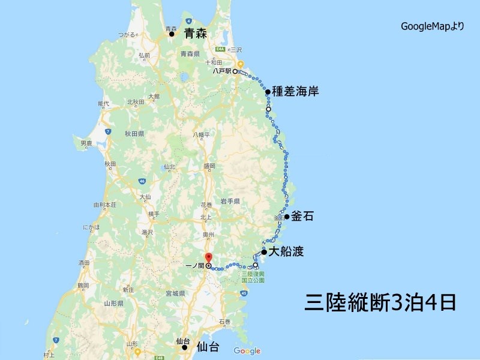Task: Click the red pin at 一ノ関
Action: pos(208,259)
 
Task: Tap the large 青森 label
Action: pos(195,34)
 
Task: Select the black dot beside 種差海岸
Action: pos(268,92)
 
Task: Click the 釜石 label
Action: pos(303,217)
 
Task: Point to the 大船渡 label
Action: pos(287,253)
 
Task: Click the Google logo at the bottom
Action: pos(247,351)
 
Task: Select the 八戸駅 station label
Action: pos(221,71)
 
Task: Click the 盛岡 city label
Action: pos(209,166)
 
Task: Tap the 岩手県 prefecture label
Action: pos(230,200)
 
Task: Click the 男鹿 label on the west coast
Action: pos(86,143)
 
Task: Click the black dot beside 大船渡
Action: pos(264,253)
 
